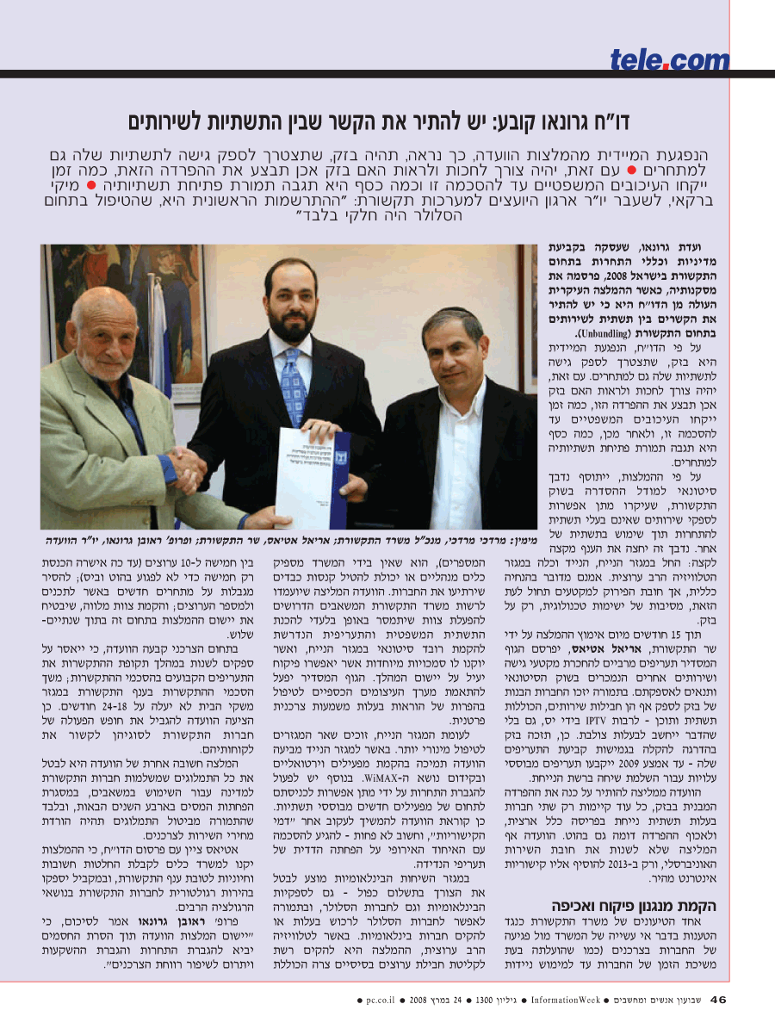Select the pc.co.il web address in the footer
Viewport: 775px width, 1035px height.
point(380,1000)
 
